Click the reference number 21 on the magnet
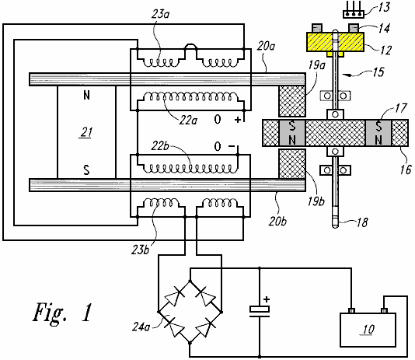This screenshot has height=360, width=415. pos(86,132)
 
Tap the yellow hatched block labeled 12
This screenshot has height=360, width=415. pos(335,42)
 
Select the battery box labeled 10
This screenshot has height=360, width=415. pos(368,330)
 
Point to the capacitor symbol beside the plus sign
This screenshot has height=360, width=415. pos(260,311)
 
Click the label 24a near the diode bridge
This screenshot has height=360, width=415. pos(141,327)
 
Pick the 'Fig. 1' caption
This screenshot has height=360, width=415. pos(63,313)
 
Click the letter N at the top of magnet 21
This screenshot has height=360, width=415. pos(86,96)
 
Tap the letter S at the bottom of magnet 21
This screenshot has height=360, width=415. pos(86,170)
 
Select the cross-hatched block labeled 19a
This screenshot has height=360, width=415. pos(292,101)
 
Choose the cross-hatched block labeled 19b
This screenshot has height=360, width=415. pos(292,163)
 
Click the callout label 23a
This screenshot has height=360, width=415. pos(160,14)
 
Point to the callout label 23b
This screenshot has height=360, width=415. pos(140,250)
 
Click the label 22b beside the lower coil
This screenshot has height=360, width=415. pos(160,146)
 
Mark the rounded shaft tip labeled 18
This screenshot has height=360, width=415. pos(335,222)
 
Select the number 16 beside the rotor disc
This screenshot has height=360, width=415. pos(406,170)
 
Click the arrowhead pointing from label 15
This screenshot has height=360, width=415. pos(344,75)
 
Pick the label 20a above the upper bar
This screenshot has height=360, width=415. pos(266,46)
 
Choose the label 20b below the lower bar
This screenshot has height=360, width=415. pos(277,222)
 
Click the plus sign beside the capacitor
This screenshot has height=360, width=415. pos(267,299)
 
